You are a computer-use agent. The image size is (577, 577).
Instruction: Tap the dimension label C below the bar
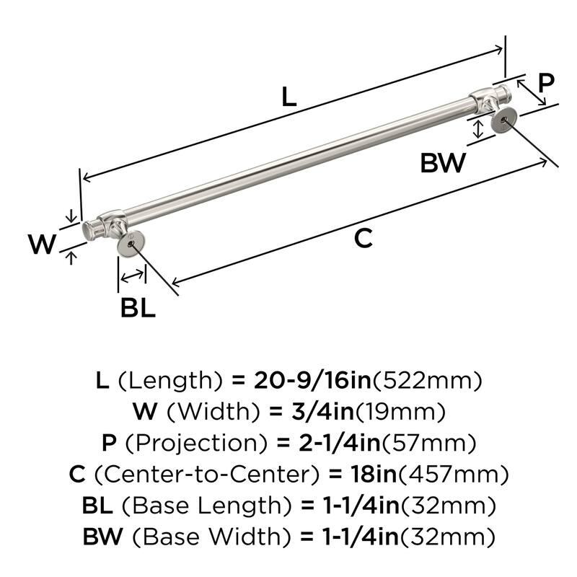coord(364,237)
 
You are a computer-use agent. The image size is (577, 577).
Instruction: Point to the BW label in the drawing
coord(443,163)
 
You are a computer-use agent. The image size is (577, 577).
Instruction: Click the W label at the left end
coord(43,245)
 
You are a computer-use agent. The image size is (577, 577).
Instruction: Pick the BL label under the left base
coord(137,309)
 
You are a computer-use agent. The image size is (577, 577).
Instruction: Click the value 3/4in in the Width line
coord(311,412)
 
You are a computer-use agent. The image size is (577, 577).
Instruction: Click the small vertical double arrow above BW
coord(477,130)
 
